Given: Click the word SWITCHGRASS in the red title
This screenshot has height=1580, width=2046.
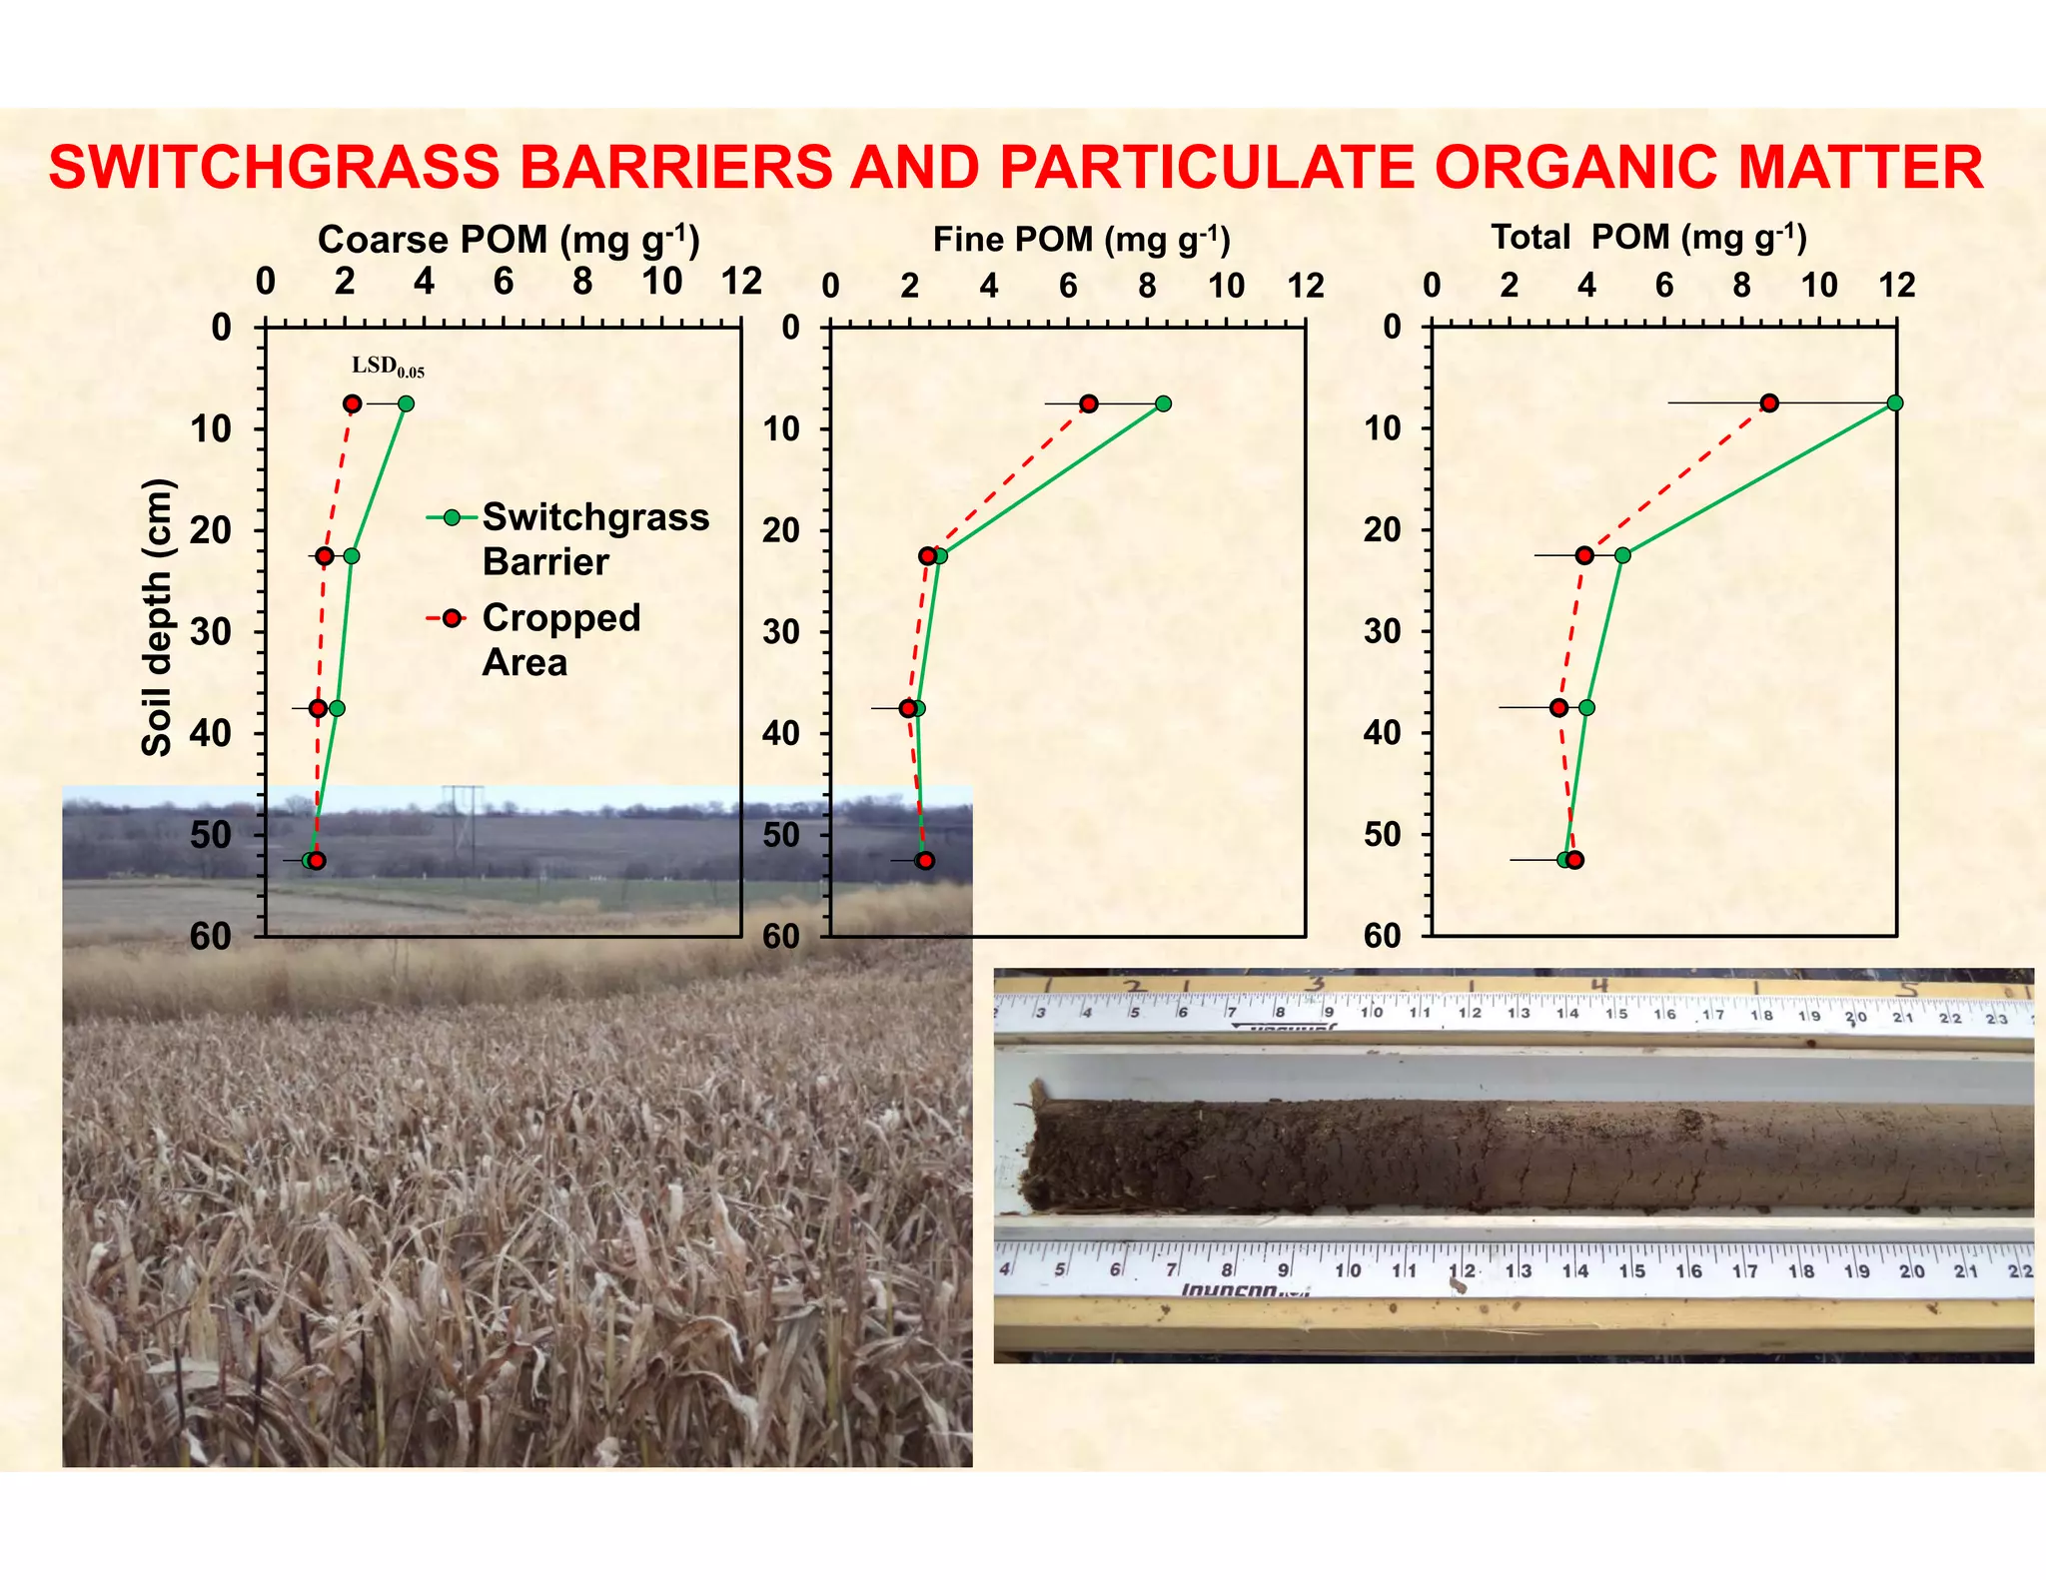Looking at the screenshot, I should pyautogui.click(x=273, y=167).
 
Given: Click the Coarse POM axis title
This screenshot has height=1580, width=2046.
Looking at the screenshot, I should pyautogui.click(x=509, y=240).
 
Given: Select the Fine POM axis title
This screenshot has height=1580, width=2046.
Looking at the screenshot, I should pyautogui.click(x=1081, y=240).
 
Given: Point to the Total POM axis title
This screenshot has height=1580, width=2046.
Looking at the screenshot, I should pyautogui.click(x=1648, y=238).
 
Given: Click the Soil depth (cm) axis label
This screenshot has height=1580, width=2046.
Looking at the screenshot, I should pyautogui.click(x=157, y=618).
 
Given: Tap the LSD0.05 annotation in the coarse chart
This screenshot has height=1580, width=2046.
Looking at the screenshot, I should pyautogui.click(x=388, y=367).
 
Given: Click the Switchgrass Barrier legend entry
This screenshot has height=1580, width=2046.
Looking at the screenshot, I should pyautogui.click(x=594, y=538).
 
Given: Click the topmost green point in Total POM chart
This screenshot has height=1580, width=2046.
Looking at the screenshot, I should pyautogui.click(x=1895, y=402).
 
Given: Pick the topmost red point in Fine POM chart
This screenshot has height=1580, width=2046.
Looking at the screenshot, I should pyautogui.click(x=1089, y=403).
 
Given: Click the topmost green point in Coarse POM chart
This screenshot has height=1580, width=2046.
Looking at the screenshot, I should pyautogui.click(x=406, y=403).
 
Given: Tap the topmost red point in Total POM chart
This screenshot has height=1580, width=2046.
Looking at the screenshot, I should pyautogui.click(x=1769, y=402).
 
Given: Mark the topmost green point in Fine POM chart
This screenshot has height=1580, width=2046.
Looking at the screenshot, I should pyautogui.click(x=1163, y=403).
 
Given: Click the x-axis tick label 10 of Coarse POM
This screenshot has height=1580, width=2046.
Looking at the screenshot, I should pyautogui.click(x=662, y=282).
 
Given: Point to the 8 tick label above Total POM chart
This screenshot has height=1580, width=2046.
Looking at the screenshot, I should pyautogui.click(x=1741, y=286).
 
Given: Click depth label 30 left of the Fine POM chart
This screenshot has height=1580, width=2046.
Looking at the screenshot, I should pyautogui.click(x=781, y=631).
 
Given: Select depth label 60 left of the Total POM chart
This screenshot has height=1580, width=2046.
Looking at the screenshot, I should pyautogui.click(x=1383, y=936).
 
